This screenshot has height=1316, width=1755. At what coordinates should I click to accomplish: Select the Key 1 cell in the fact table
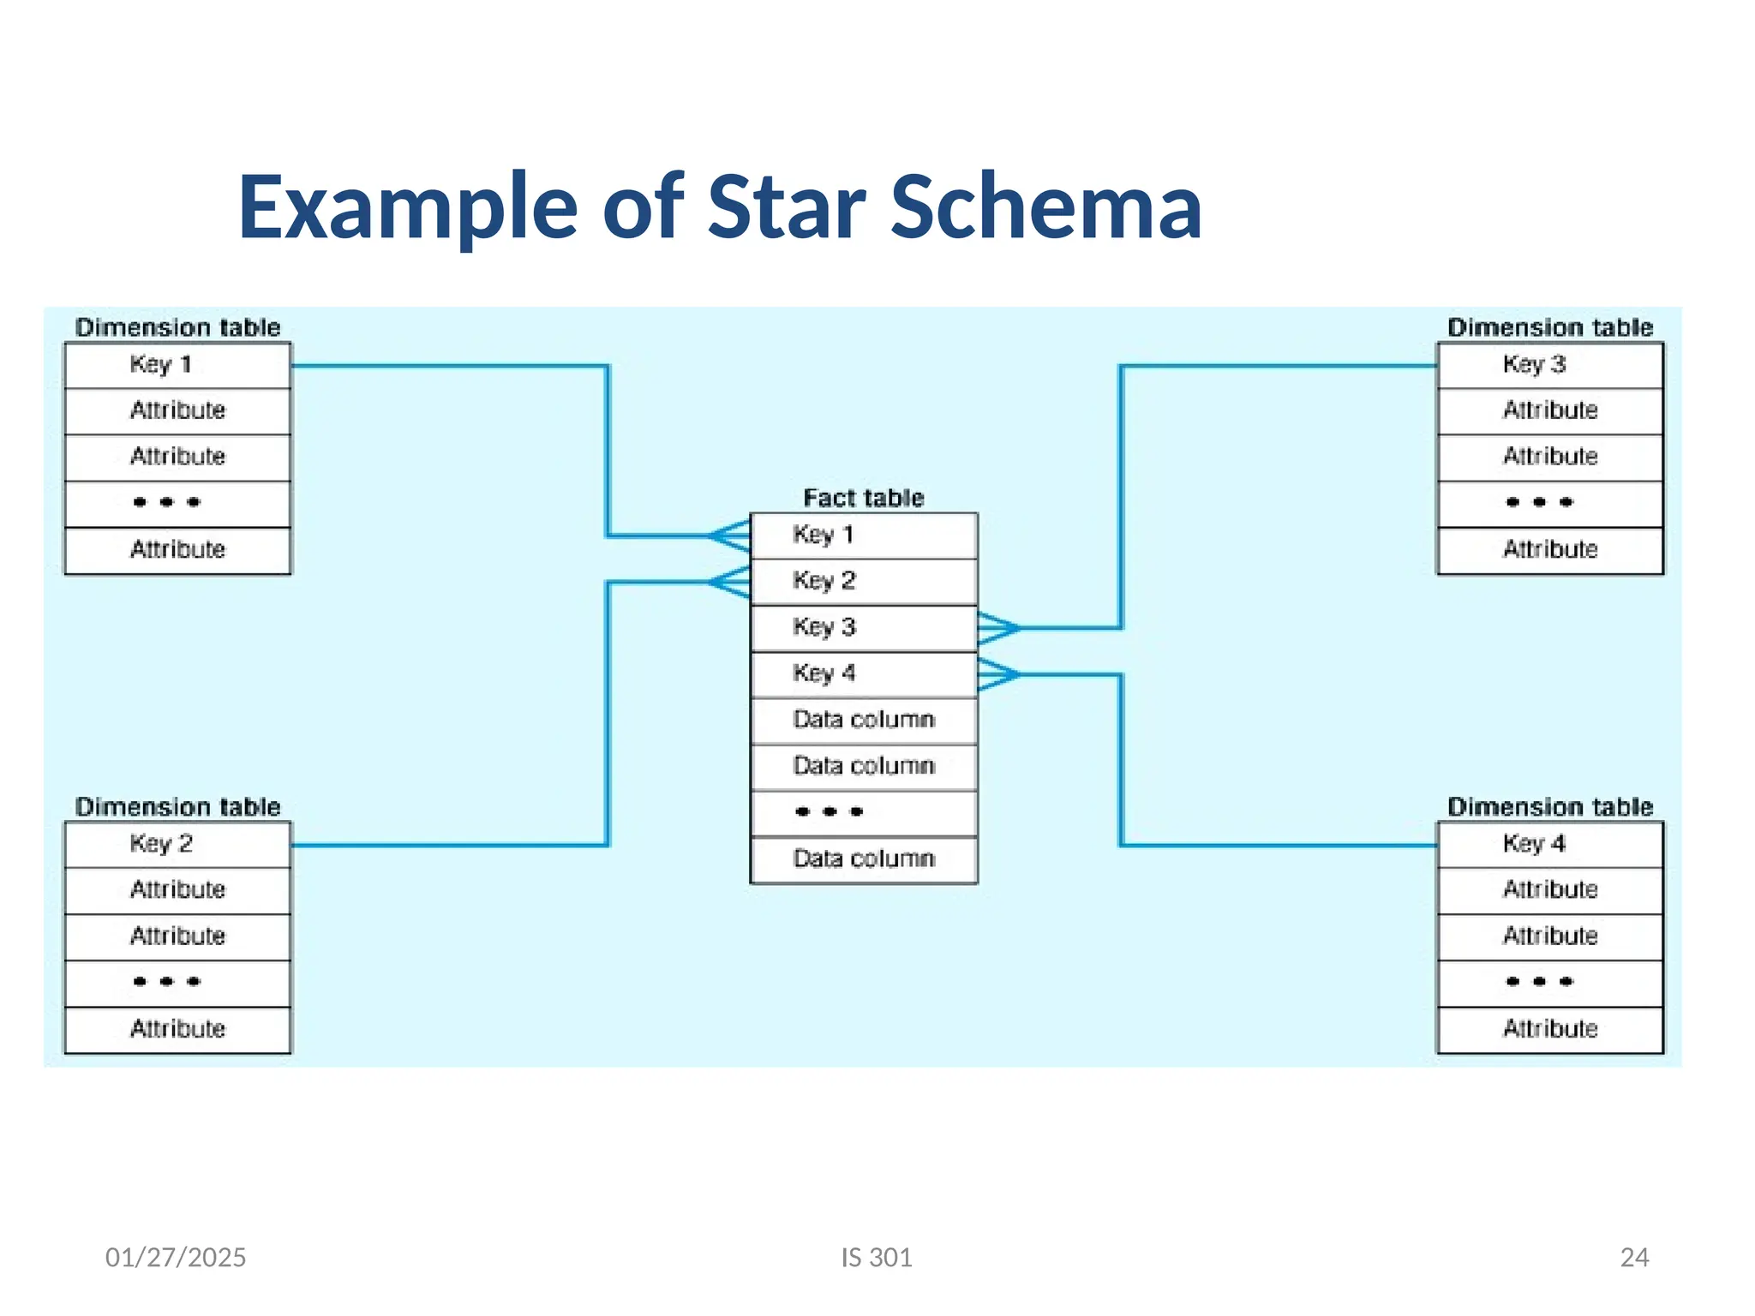tap(863, 535)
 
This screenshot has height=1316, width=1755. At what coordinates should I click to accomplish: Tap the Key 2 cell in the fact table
tap(863, 582)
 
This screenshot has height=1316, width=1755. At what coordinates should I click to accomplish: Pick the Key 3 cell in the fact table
tap(863, 628)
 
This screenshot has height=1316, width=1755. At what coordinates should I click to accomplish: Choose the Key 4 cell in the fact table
tap(863, 674)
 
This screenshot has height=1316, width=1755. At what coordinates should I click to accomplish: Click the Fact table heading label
tap(863, 498)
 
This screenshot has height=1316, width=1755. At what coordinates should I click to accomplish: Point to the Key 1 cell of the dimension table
tap(177, 365)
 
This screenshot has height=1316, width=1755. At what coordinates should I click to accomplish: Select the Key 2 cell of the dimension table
tap(177, 844)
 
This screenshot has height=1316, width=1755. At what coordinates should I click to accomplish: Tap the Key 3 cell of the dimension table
tap(1549, 365)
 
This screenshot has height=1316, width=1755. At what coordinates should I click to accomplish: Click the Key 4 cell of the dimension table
tap(1549, 844)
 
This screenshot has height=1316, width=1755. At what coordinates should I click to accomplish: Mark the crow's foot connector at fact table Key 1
tap(730, 536)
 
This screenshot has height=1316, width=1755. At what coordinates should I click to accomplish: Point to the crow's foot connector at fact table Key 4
tap(997, 675)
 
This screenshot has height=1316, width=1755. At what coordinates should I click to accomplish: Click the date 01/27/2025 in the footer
tap(176, 1257)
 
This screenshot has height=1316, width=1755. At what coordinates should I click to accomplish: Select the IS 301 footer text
tap(876, 1257)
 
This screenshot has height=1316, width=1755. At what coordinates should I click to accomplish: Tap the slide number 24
tap(1634, 1257)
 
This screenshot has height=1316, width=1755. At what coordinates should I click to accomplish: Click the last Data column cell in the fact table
tap(863, 858)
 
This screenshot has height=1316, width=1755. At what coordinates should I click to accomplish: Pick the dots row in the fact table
tap(863, 812)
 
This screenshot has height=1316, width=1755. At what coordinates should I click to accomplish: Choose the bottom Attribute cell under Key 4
tap(1549, 1028)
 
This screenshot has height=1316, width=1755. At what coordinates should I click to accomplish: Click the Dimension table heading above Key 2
tap(177, 806)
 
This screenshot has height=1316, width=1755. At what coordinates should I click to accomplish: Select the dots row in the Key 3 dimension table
tap(1549, 503)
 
